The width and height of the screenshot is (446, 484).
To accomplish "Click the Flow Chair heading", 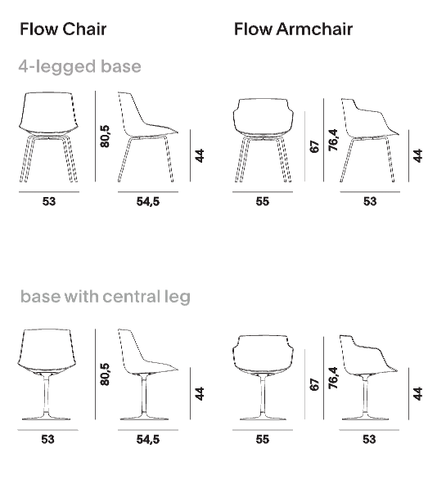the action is pyautogui.click(x=63, y=29).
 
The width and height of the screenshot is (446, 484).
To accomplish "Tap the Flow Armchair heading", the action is pyautogui.click(x=293, y=29).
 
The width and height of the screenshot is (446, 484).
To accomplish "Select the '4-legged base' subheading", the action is pyautogui.click(x=79, y=67).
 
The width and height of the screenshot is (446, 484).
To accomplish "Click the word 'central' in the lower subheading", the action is pyautogui.click(x=130, y=296).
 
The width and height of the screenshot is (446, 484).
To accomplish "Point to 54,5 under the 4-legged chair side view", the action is pyautogui.click(x=148, y=202).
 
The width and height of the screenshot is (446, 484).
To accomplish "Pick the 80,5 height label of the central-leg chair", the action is pyautogui.click(x=105, y=374).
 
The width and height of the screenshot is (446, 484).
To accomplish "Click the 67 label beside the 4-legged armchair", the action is pyautogui.click(x=314, y=146).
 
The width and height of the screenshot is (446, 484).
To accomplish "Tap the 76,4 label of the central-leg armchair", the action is pyautogui.click(x=333, y=378).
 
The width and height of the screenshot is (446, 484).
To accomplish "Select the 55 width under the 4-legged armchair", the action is pyautogui.click(x=263, y=202).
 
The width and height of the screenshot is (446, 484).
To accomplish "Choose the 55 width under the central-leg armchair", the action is pyautogui.click(x=263, y=439).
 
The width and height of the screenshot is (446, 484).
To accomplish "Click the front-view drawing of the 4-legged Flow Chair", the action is pyautogui.click(x=48, y=137).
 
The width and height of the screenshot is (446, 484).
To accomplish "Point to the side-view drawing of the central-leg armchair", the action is pyautogui.click(x=369, y=378).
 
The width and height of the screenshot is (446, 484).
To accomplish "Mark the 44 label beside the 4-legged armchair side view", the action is pyautogui.click(x=417, y=155).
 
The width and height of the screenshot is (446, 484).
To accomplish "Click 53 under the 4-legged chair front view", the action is pyautogui.click(x=49, y=202).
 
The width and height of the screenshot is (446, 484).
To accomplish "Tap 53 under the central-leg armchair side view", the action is pyautogui.click(x=369, y=439).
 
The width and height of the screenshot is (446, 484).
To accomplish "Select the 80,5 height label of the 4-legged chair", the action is pyautogui.click(x=105, y=136).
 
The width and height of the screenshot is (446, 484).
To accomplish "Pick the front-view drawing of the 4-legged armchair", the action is pyautogui.click(x=263, y=141).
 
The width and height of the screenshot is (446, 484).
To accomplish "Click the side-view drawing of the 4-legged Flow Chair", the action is pyautogui.click(x=148, y=137).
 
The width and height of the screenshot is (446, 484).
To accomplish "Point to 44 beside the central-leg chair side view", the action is pyautogui.click(x=200, y=393).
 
